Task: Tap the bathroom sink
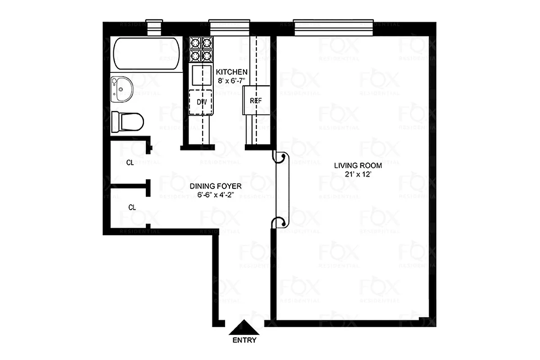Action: pos(121,88)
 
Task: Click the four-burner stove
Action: pos(201,49)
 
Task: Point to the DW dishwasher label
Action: pos(202,102)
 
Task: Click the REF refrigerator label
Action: pos(256,101)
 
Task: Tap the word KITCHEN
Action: pos(232,72)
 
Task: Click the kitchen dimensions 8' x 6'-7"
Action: pos(232,80)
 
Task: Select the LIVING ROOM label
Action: pos(358,166)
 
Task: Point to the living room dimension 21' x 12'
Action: pos(358,174)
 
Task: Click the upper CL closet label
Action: pos(130,163)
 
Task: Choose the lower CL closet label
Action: pos(132,207)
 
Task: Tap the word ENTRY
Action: pos(244,341)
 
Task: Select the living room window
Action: pos(333,27)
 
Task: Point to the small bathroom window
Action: pos(156,28)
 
